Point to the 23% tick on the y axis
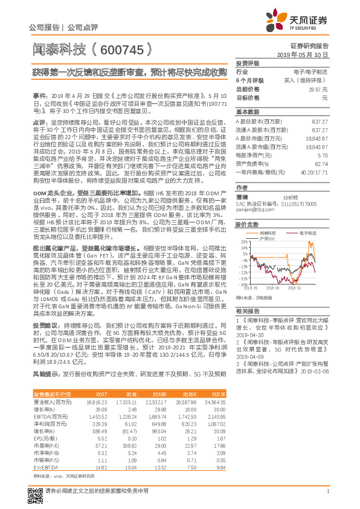[245, 242]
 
